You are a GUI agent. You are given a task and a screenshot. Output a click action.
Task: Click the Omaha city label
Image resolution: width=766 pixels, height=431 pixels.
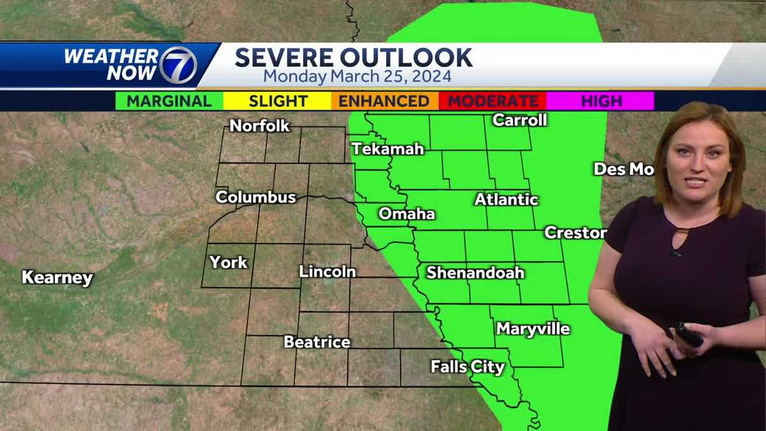tap(407, 214)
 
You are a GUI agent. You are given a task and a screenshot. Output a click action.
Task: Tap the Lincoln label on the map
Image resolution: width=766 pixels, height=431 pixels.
tap(327, 271)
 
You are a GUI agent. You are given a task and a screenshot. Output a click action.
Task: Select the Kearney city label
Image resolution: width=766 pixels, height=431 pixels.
tap(57, 278)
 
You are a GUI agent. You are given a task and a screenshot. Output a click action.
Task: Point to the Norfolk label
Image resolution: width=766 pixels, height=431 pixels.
tap(260, 126)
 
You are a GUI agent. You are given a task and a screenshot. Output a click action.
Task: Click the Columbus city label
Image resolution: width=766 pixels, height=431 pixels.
tap(255, 197)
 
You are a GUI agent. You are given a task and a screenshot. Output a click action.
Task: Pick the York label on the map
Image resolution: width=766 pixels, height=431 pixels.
tap(229, 262)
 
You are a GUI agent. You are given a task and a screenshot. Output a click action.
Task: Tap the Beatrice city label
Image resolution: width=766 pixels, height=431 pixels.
tap(317, 342)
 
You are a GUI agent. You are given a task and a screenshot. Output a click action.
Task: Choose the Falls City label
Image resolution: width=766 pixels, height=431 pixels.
tap(468, 367)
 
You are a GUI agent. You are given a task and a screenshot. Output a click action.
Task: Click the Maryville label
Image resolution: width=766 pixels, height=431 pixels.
tap(533, 329)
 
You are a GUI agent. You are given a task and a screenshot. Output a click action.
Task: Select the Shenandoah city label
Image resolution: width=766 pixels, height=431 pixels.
tap(476, 273)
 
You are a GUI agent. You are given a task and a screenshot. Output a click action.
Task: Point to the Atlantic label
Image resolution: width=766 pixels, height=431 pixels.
tap(506, 200)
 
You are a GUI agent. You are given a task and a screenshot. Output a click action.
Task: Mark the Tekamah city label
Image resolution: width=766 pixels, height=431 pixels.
tap(387, 149)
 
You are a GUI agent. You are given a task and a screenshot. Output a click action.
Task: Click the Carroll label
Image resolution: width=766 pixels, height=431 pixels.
tap(520, 120)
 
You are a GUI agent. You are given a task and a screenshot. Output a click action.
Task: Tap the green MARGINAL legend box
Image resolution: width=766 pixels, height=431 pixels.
tap(169, 101)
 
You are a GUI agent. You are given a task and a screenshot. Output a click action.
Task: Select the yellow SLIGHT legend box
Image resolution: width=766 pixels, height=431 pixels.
tap(278, 101)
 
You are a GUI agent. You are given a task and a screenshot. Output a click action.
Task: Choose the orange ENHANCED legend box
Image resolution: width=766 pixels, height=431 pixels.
tap(384, 101)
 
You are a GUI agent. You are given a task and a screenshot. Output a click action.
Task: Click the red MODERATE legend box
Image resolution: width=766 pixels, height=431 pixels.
tap(492, 101)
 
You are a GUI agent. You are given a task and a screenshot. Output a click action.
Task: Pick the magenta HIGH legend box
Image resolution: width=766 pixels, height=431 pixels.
tap(601, 101)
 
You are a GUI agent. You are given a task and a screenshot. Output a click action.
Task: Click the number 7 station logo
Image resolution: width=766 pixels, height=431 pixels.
tap(177, 64)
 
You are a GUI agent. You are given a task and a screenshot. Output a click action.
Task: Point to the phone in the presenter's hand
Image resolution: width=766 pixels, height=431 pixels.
tap(689, 335)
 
